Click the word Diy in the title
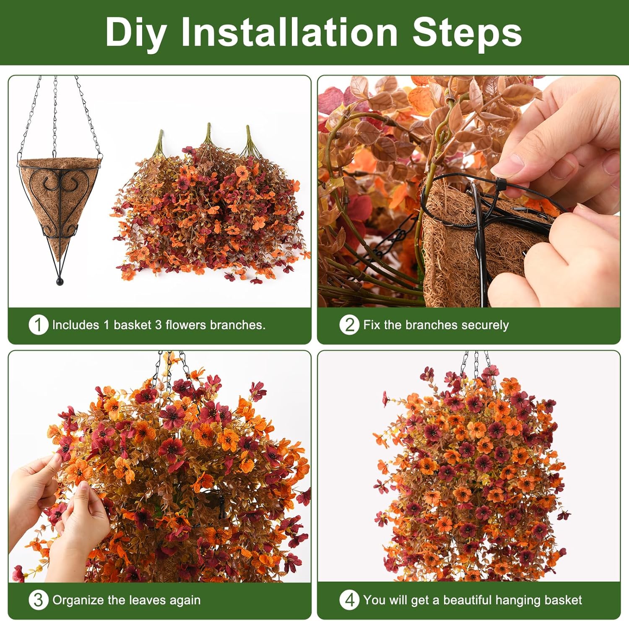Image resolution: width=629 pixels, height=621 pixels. (x=135, y=33)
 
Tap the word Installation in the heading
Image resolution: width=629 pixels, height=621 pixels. (x=289, y=33)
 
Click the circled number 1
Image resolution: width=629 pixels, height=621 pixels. (x=38, y=325)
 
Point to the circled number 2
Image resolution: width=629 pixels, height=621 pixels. (x=349, y=325)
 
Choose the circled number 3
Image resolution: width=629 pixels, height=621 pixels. (x=38, y=600)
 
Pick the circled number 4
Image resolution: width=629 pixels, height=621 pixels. (x=349, y=600)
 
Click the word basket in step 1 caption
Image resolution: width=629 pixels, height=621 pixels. (x=132, y=325)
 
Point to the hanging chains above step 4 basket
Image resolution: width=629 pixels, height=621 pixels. (x=476, y=363)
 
